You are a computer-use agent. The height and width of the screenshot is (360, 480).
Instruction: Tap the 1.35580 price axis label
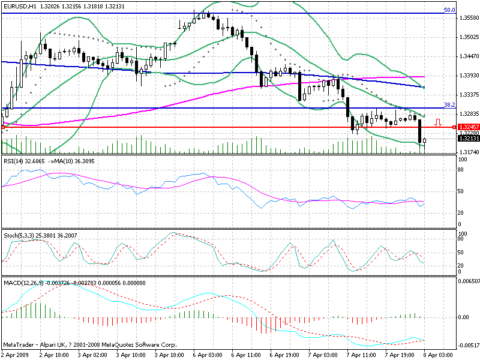pyautogui.click(x=467, y=18)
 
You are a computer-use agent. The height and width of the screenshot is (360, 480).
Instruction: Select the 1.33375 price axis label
pyautogui.click(x=467, y=95)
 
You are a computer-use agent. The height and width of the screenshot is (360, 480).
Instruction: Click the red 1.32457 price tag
pyautogui.click(x=467, y=127)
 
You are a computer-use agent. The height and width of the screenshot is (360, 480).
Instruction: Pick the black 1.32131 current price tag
pyautogui.click(x=467, y=139)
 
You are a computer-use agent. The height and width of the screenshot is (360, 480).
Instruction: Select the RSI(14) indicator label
pyautogui.click(x=14, y=161)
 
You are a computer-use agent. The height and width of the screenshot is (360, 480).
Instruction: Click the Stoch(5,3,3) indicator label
pyautogui.click(x=19, y=235)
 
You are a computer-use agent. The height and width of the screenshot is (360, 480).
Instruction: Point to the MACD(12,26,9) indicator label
pyautogui.click(x=24, y=281)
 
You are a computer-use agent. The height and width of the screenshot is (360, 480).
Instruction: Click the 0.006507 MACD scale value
pyautogui.click(x=469, y=281)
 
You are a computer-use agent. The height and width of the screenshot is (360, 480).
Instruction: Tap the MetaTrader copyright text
pyautogui.click(x=90, y=345)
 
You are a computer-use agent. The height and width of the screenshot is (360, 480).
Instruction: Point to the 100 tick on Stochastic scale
pyautogui.click(x=463, y=233)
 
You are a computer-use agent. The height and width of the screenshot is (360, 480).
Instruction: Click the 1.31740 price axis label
pyautogui.click(x=467, y=152)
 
